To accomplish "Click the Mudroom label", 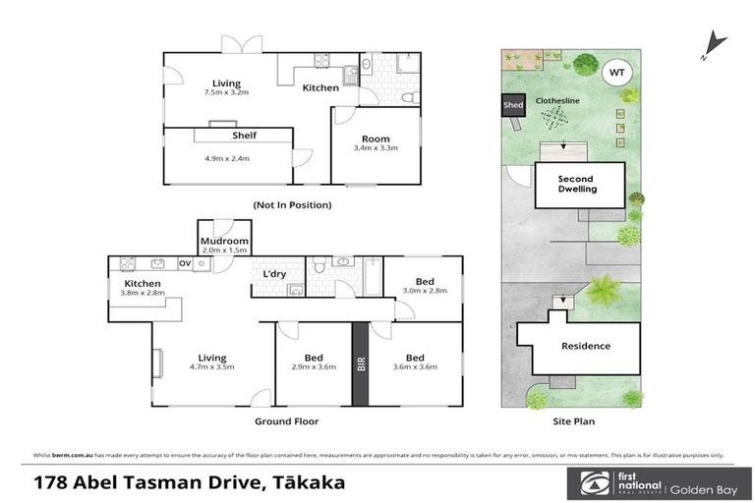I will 223,240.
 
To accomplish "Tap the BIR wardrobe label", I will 362,364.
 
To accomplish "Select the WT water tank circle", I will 616,72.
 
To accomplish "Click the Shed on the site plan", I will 513,104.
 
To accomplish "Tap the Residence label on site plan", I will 585,346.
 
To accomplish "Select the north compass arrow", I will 715,44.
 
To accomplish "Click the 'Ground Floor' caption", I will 286,421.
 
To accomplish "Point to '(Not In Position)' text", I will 292,205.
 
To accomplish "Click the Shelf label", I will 244,137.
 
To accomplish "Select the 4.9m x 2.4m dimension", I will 227,158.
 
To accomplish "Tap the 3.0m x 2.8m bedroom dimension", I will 422,291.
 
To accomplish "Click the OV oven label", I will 184,263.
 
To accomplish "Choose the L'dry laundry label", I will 274,273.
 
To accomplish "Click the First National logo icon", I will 590,482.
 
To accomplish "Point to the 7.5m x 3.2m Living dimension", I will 226,92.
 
